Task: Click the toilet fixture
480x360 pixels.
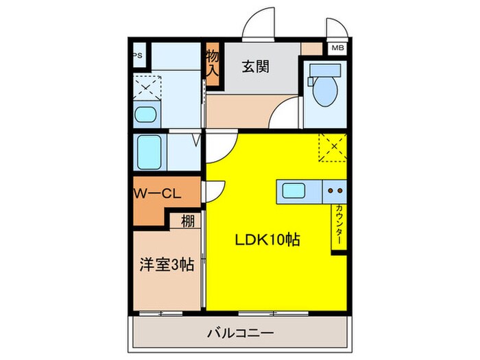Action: tap(322, 86)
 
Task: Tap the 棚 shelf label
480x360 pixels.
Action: tap(187, 221)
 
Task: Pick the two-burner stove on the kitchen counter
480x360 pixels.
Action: tap(335, 191)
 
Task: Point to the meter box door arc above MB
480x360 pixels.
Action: tap(337, 27)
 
